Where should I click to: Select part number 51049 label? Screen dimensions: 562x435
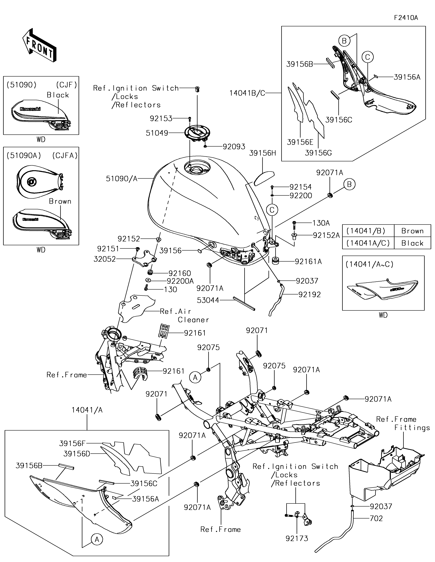coord(157,133)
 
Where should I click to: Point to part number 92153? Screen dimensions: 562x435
coord(161,119)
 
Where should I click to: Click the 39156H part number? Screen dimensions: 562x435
coord(262,153)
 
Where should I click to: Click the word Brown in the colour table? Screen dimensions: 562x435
coord(412,231)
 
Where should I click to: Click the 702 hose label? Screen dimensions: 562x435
coord(376,518)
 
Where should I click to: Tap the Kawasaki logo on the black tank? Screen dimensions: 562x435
coord(30,109)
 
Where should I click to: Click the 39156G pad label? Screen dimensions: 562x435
coord(318,153)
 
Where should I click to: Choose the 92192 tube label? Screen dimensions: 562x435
coord(310,295)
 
